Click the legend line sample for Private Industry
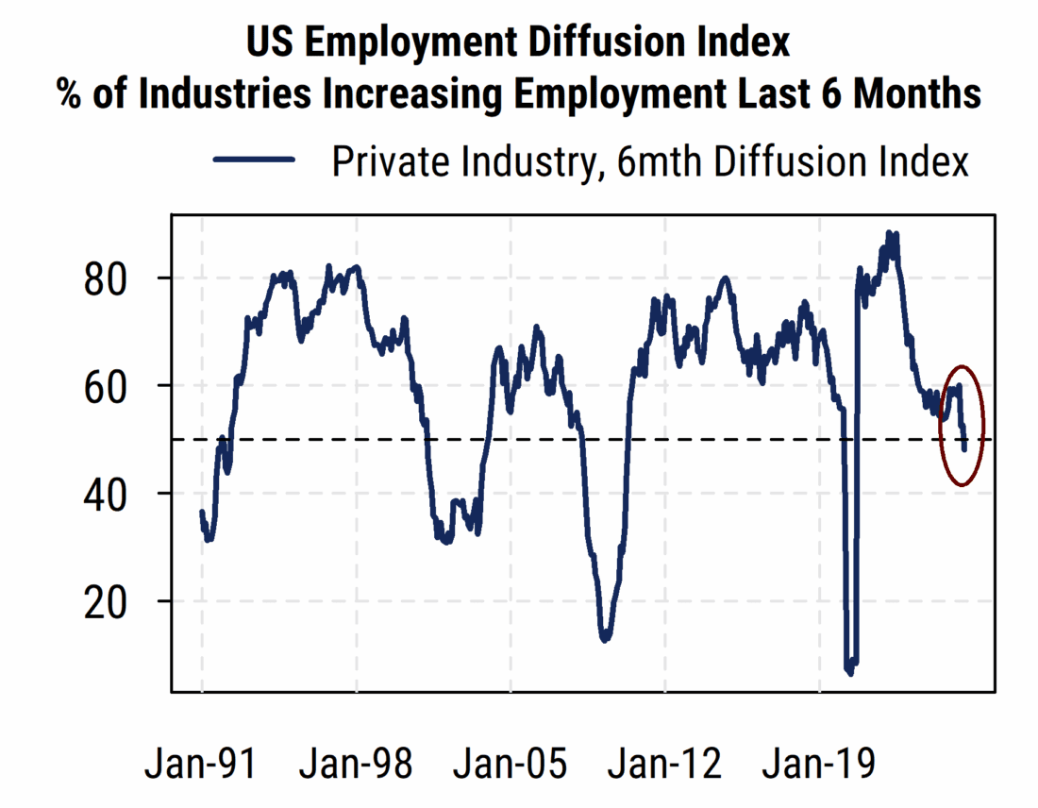click(255, 161)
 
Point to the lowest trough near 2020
click(849, 673)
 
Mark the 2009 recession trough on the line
click(605, 640)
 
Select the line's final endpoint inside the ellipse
click(964, 449)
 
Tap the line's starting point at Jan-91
click(202, 512)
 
